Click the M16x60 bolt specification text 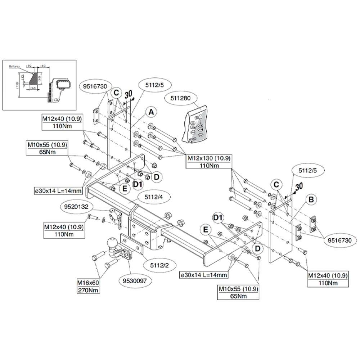point(89,283)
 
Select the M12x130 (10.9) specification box point(208,158)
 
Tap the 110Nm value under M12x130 point(208,165)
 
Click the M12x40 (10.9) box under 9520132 point(64,228)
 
